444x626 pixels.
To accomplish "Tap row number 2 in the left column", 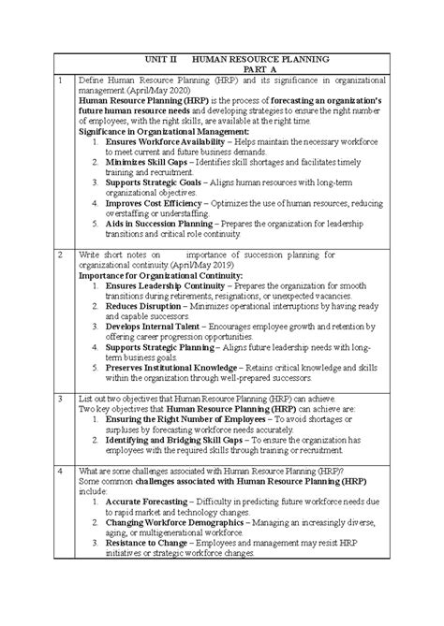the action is (59, 254).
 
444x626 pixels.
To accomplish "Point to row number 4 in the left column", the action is (59, 470).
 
